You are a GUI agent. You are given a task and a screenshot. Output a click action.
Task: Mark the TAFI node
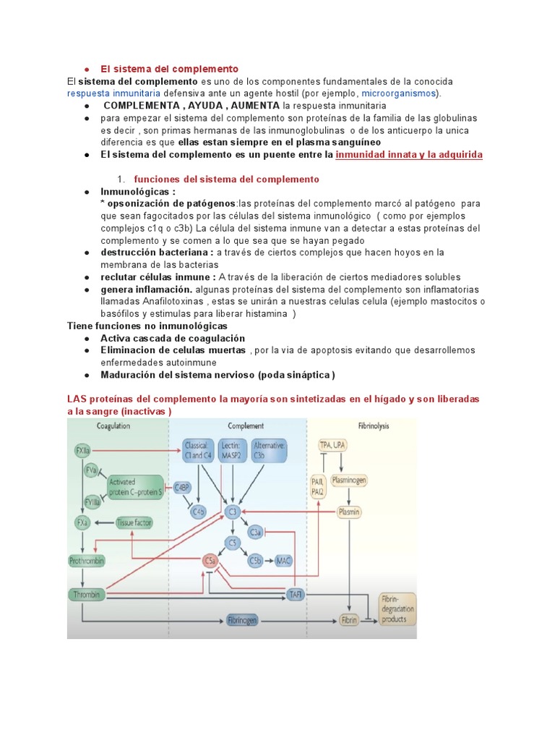pyautogui.click(x=296, y=594)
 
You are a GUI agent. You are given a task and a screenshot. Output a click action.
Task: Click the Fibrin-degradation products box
pyautogui.click(x=397, y=609)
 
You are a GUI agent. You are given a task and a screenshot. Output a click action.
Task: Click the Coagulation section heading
pyautogui.click(x=113, y=426)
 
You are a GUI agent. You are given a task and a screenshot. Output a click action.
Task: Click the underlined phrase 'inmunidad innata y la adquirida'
pyautogui.click(x=409, y=154)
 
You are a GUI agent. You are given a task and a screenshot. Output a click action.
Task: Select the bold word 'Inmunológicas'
pyautogui.click(x=137, y=192)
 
